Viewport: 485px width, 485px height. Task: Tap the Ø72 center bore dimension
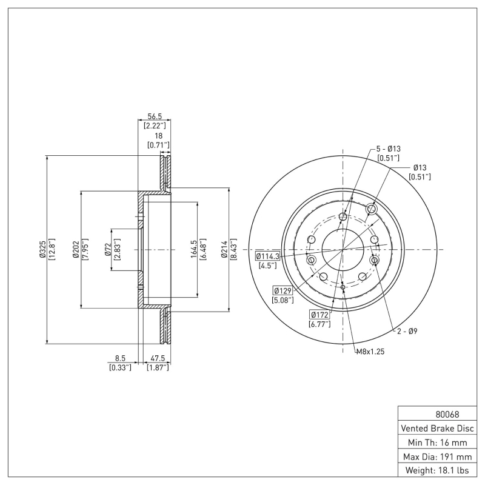(x=107, y=249)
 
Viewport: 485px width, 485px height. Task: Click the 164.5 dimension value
(x=193, y=249)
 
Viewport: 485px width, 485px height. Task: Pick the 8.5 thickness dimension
(x=120, y=358)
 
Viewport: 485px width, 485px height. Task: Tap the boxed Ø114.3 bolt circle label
(x=267, y=256)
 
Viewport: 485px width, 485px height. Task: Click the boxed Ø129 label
(x=283, y=290)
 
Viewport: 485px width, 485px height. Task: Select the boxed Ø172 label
(x=319, y=315)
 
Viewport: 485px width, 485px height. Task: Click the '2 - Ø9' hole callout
(x=407, y=332)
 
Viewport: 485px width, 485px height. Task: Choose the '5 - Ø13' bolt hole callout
(x=388, y=149)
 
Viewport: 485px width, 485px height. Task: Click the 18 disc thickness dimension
(x=158, y=136)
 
